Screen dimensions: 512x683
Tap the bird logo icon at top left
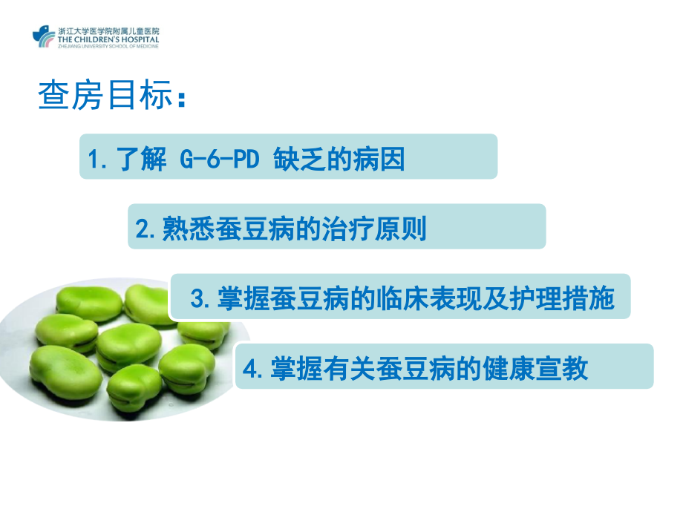tap(44, 36)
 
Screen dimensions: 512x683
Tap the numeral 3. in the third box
tap(199, 299)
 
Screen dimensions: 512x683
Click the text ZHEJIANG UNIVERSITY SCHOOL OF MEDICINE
tap(107, 45)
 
